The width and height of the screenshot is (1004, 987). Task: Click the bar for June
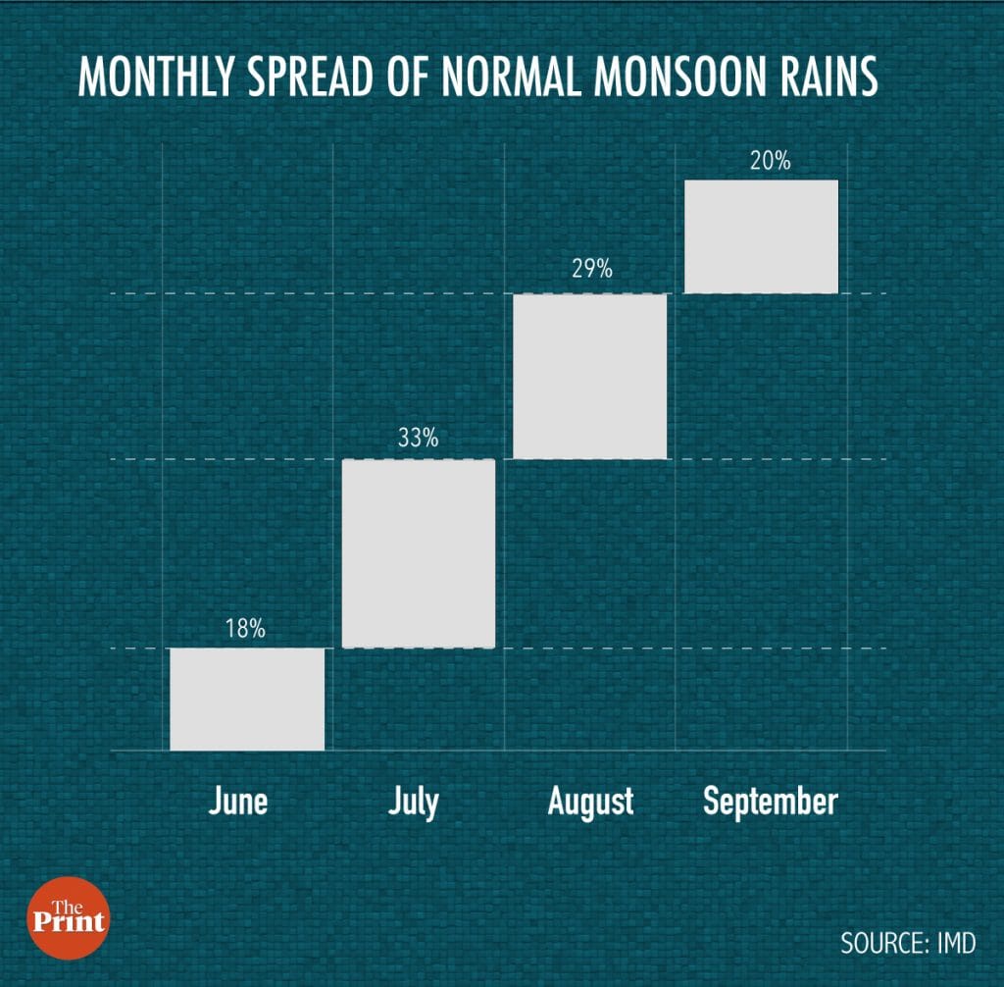(x=247, y=699)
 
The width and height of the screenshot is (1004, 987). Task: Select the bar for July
(x=418, y=553)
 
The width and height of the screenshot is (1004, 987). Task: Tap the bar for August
(x=589, y=376)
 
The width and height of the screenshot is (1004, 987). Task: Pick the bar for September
(x=762, y=236)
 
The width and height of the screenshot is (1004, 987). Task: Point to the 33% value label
(x=418, y=439)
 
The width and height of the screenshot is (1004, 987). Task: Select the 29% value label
(x=591, y=269)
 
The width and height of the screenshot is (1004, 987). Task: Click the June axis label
(x=238, y=802)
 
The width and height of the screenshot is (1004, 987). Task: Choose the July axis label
(x=413, y=803)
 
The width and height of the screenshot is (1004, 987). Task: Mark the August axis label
(x=590, y=802)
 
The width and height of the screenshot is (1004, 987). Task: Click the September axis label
(x=771, y=803)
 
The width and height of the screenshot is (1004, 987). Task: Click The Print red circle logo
(x=68, y=917)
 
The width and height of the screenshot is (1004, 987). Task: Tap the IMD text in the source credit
(x=956, y=943)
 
